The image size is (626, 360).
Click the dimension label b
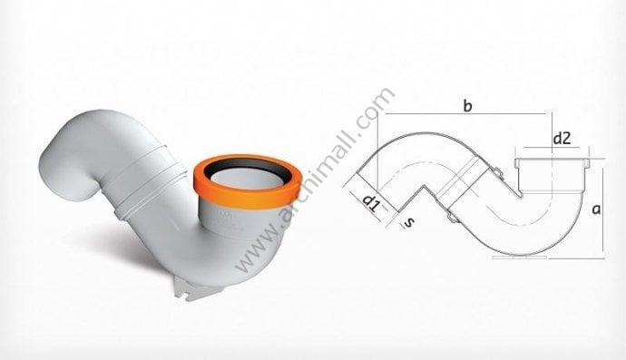[466, 107]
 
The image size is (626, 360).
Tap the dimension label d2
[562, 138]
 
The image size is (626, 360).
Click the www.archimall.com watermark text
[314, 181]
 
